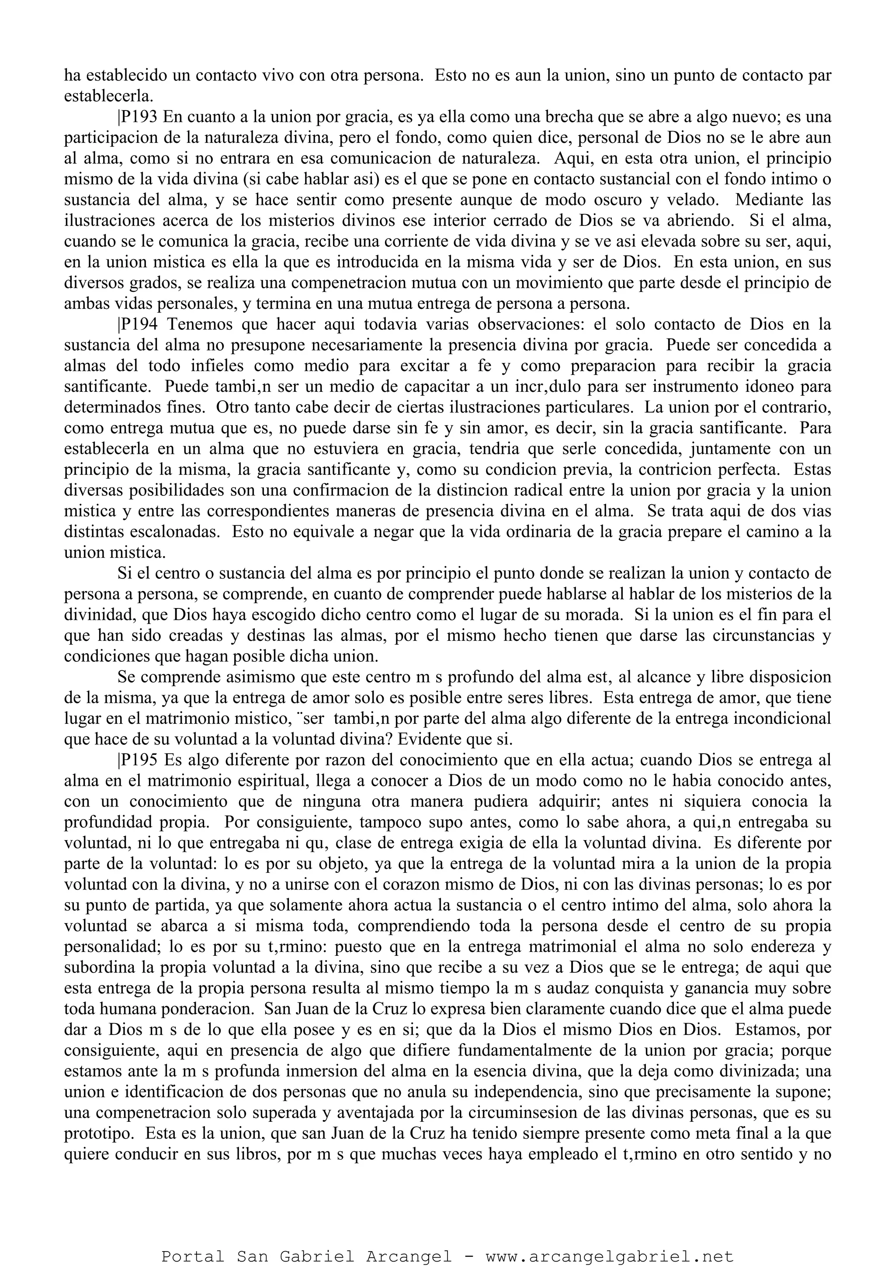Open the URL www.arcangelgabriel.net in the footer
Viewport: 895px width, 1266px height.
pos(609,1252)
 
